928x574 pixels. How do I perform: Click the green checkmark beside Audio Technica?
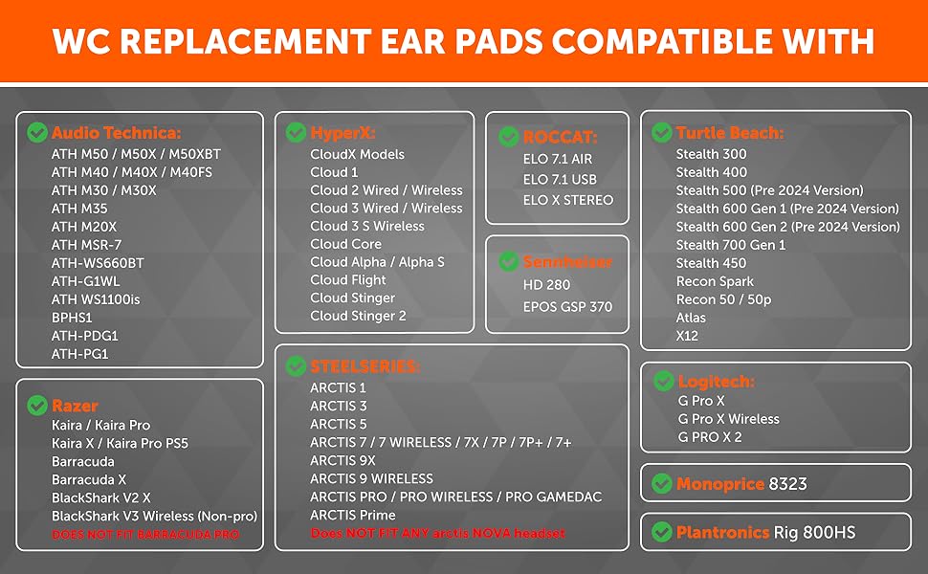click(x=37, y=132)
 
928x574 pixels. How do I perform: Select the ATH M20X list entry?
click(x=84, y=227)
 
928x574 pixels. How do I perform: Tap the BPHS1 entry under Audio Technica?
click(x=72, y=318)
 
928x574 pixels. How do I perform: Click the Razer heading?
click(x=75, y=406)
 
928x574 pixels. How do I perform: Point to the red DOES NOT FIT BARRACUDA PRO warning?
click(x=145, y=535)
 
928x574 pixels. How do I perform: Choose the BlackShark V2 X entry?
click(x=101, y=497)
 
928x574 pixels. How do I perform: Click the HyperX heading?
click(x=342, y=133)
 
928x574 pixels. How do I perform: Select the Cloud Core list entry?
click(x=345, y=244)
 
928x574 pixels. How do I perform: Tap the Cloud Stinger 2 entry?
click(x=358, y=316)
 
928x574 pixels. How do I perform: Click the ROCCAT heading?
click(x=560, y=138)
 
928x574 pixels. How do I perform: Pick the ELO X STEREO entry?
click(x=568, y=200)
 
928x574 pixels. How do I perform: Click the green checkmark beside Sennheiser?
click(x=508, y=261)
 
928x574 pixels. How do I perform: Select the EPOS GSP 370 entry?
click(x=567, y=306)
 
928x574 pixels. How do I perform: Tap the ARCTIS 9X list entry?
click(x=342, y=460)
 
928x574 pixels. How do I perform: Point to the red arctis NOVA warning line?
click(x=437, y=533)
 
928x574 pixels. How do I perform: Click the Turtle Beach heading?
click(x=730, y=133)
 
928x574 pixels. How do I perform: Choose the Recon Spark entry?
click(x=715, y=281)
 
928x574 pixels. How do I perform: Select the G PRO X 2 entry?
click(x=710, y=437)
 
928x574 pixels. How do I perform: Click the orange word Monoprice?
click(x=720, y=484)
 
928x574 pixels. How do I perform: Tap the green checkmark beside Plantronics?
click(x=662, y=532)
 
